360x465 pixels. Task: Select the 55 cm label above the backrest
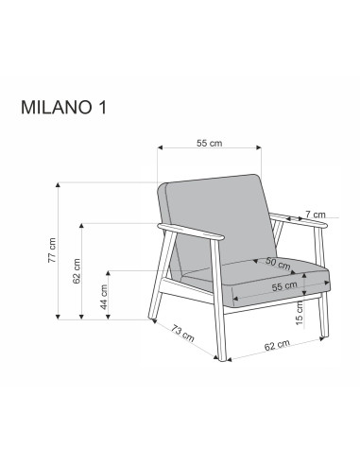[209, 143]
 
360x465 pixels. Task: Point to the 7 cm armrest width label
[316, 215]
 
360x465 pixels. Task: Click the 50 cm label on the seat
[277, 262]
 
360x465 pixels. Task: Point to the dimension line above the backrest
[209, 150]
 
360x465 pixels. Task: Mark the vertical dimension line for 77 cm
[61, 250]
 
